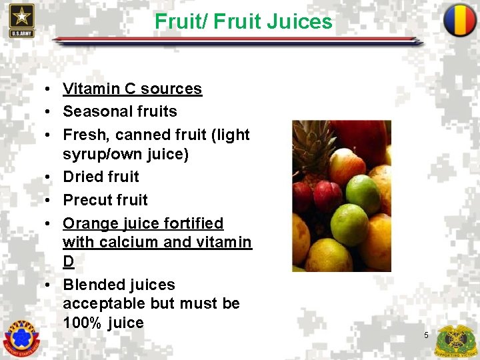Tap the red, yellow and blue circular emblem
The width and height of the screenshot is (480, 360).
(460, 20)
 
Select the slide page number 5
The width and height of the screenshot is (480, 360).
(426, 335)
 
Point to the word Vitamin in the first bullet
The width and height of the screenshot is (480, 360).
(89, 89)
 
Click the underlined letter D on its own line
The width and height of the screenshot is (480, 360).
(68, 261)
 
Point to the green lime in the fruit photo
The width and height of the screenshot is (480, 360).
(363, 193)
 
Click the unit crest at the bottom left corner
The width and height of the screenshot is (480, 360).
(21, 339)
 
